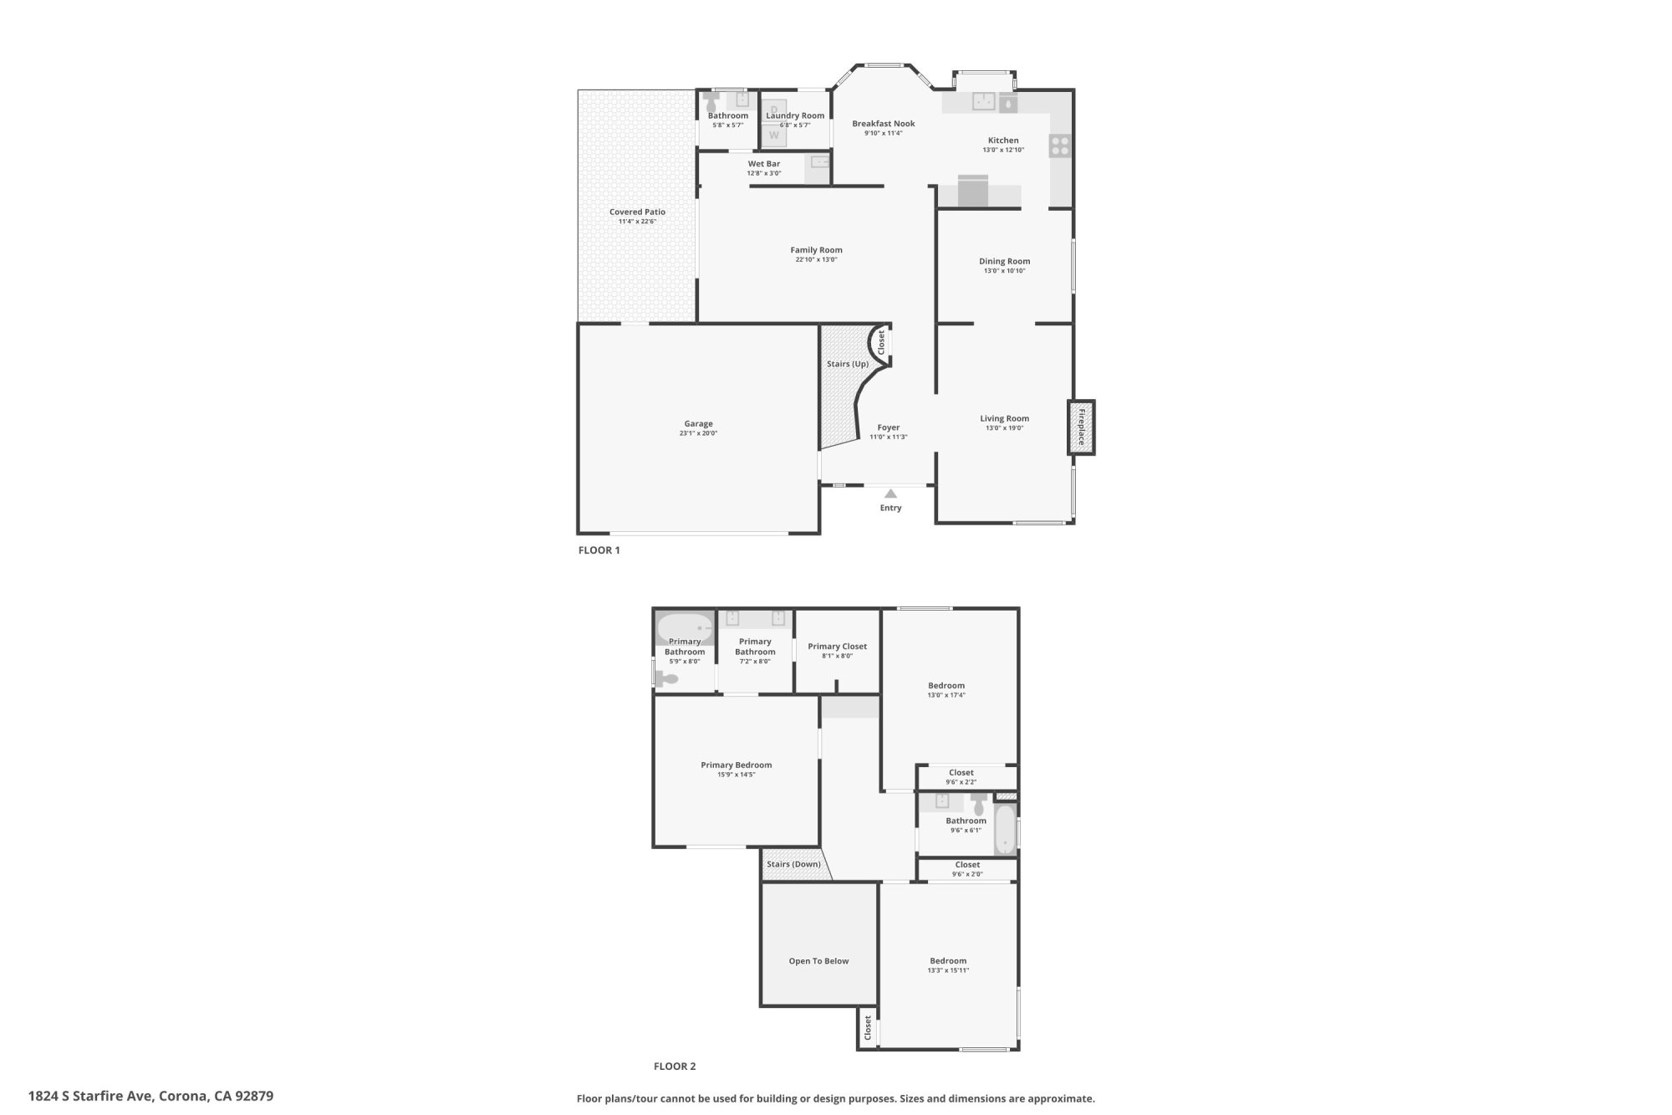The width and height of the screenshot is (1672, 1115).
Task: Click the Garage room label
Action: pyautogui.click(x=698, y=424)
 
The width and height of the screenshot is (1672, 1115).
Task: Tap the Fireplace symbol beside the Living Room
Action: pyautogui.click(x=1081, y=427)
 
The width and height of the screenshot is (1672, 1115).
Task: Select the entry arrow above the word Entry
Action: pyautogui.click(x=890, y=494)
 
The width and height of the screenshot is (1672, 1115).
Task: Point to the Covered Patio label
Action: pyautogui.click(x=637, y=212)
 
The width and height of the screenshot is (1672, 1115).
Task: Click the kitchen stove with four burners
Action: pyautogui.click(x=1059, y=146)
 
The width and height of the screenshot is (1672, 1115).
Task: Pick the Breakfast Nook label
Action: pyautogui.click(x=883, y=124)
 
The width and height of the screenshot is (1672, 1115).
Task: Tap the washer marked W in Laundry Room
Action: pyautogui.click(x=774, y=135)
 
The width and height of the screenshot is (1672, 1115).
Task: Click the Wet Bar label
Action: pyautogui.click(x=763, y=164)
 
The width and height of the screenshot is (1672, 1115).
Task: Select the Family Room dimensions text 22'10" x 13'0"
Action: pyautogui.click(x=816, y=260)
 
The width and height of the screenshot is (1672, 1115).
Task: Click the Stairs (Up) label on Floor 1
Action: pyautogui.click(x=847, y=364)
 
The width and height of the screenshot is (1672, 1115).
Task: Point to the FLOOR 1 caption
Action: pyautogui.click(x=599, y=550)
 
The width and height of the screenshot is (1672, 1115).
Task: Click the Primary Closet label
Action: pyautogui.click(x=837, y=647)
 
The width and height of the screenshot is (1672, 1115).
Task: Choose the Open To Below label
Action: pyautogui.click(x=818, y=961)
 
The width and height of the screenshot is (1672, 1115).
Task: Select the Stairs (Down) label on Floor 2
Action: pyautogui.click(x=793, y=864)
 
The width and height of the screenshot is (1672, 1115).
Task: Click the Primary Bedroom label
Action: pyautogui.click(x=736, y=765)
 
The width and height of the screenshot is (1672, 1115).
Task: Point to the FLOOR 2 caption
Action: pyautogui.click(x=674, y=1066)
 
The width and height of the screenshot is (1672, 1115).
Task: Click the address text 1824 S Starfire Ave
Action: pyautogui.click(x=89, y=1096)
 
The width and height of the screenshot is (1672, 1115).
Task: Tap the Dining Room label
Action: pyautogui.click(x=1004, y=262)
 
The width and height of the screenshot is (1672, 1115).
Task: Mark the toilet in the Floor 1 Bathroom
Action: pyautogui.click(x=711, y=103)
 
